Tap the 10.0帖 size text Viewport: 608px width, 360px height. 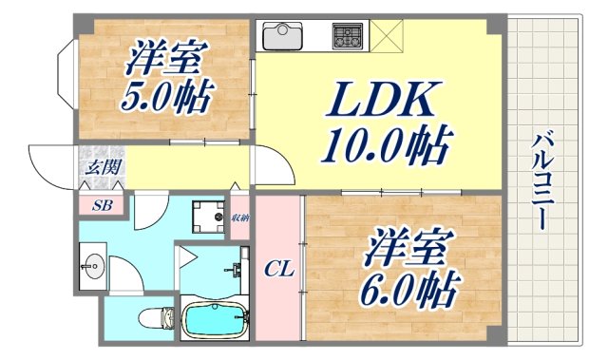pos(385,144)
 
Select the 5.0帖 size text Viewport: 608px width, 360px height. pos(165,96)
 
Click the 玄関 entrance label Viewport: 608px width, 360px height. pos(100,167)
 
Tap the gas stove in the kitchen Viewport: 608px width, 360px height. pos(347,37)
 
